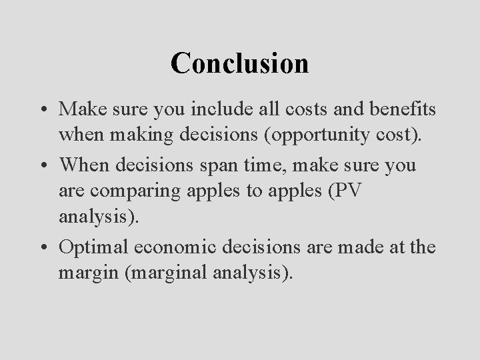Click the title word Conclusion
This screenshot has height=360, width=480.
pyautogui.click(x=239, y=63)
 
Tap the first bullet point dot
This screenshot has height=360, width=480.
pyautogui.click(x=44, y=107)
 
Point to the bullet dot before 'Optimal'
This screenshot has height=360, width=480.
pyautogui.click(x=44, y=247)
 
